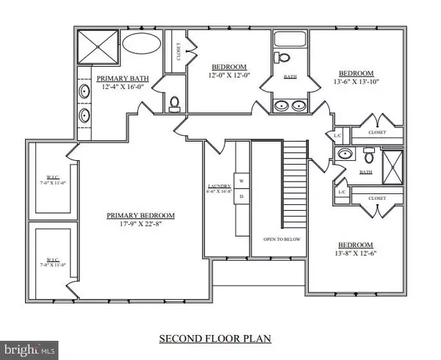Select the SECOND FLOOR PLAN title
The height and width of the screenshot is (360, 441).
pos(215,339)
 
